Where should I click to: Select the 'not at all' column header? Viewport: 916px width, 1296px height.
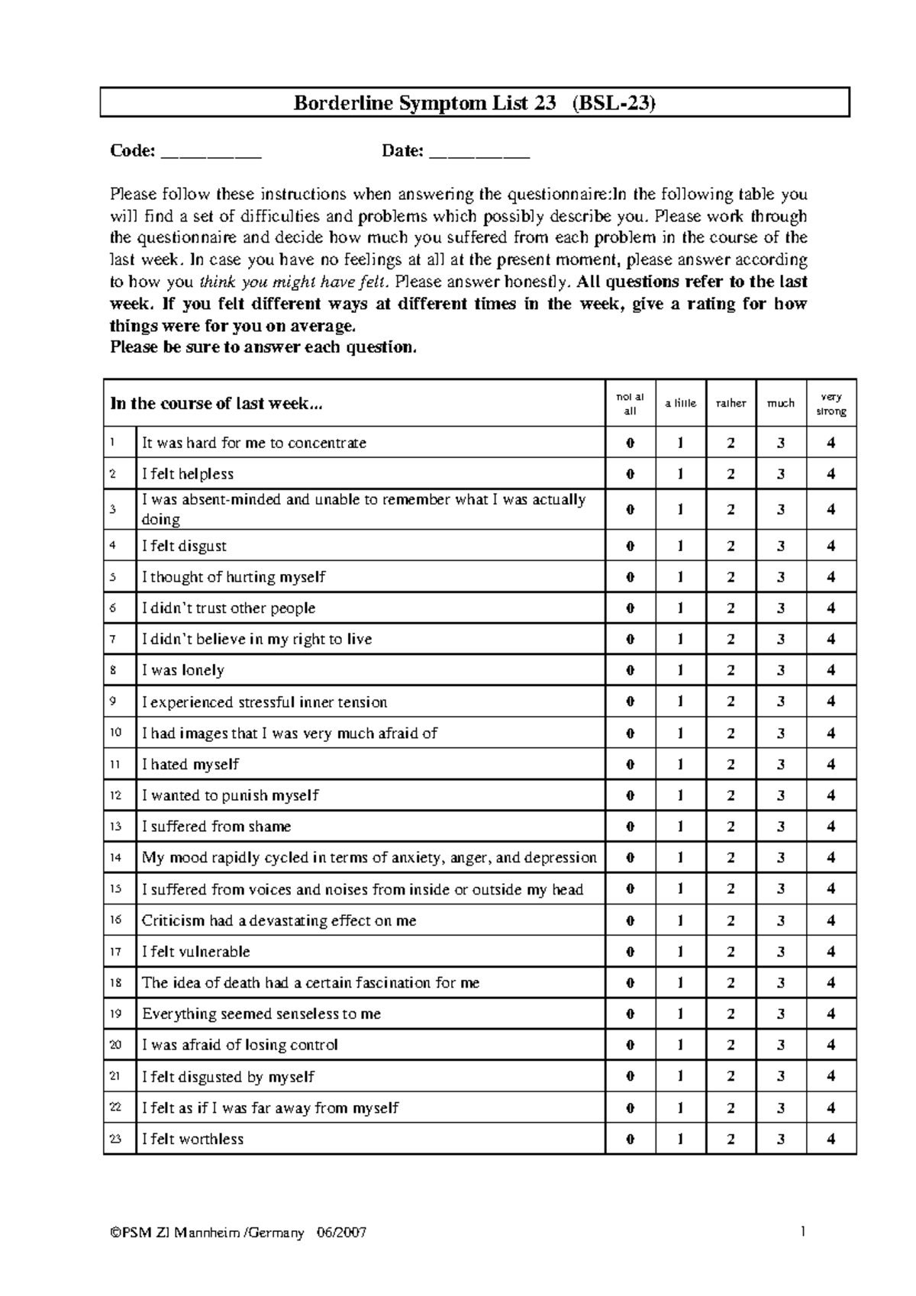pyautogui.click(x=630, y=404)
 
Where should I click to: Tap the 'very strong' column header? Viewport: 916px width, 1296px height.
pyautogui.click(x=831, y=404)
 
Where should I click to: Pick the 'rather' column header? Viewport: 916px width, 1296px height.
pyautogui.click(x=731, y=404)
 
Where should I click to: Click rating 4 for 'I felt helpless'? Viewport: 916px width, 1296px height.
pyautogui.click(x=831, y=474)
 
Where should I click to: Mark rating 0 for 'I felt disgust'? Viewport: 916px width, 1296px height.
pyautogui.click(x=630, y=546)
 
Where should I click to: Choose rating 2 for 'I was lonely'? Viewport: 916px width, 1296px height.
pyautogui.click(x=731, y=671)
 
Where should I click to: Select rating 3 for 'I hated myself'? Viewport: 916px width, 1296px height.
pyautogui.click(x=780, y=765)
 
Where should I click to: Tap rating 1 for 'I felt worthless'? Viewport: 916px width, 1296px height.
pyautogui.click(x=680, y=1140)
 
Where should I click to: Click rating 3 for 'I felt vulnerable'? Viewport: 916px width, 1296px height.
pyautogui.click(x=780, y=952)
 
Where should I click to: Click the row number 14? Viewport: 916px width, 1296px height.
pyautogui.click(x=116, y=858)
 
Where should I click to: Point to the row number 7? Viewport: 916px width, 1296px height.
pyautogui.click(x=113, y=640)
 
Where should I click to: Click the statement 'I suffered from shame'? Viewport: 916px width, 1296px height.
pyautogui.click(x=216, y=827)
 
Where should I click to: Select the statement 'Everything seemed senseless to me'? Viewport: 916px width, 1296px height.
pyautogui.click(x=261, y=1014)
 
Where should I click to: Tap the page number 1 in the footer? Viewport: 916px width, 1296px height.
pyautogui.click(x=804, y=1231)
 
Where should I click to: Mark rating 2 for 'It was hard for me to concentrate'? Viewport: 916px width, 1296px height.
pyautogui.click(x=731, y=443)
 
